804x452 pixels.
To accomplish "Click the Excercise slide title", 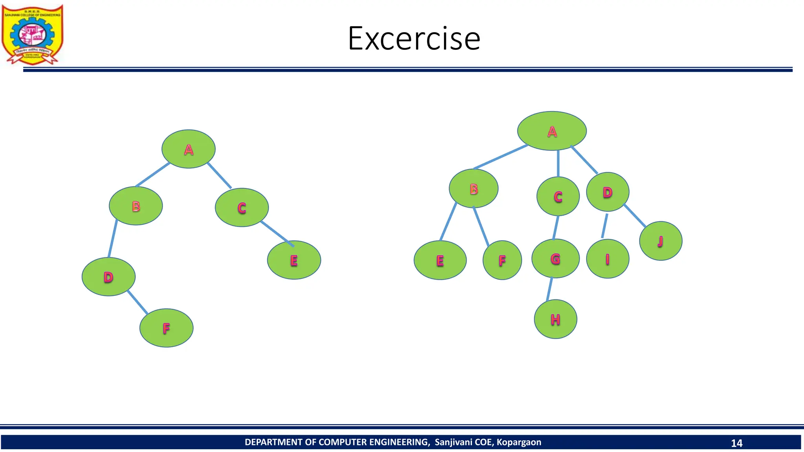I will [414, 38].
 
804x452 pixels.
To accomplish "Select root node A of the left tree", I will [188, 149].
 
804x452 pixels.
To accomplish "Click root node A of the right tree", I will [552, 131].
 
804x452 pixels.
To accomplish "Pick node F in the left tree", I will [166, 328].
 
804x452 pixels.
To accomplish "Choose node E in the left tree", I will [294, 260].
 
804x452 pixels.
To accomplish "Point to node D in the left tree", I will [109, 277].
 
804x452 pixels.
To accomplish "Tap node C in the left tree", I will [242, 208].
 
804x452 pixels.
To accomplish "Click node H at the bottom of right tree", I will [555, 319].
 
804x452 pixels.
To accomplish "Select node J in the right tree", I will [661, 241].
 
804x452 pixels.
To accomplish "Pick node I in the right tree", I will [608, 259].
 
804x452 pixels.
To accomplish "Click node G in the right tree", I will [555, 259].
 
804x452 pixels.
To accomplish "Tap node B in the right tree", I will [474, 189].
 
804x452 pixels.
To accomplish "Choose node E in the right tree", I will [440, 260].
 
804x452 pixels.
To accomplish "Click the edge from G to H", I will [550, 289].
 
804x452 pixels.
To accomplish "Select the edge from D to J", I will [634, 215].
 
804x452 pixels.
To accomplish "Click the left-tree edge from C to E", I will [277, 234].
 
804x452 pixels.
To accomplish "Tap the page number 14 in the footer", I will [736, 443].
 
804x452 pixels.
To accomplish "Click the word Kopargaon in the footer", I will [519, 442].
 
